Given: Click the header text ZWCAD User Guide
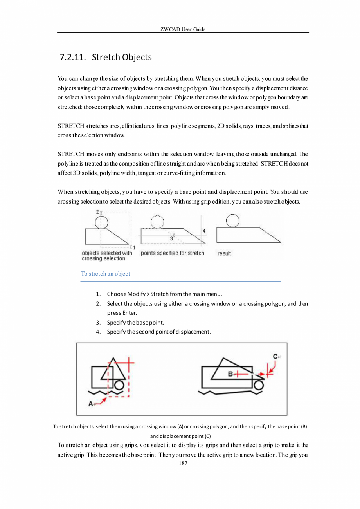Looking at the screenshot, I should [x=183, y=29].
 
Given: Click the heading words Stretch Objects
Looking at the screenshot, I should [x=122, y=58].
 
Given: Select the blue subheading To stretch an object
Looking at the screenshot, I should [x=105, y=274].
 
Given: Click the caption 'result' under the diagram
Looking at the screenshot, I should [x=224, y=253].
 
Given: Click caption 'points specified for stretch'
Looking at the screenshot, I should [x=172, y=253].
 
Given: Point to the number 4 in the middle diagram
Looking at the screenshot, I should [x=204, y=231].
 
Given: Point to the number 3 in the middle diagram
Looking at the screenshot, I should [x=171, y=238].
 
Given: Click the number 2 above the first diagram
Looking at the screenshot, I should [x=97, y=212].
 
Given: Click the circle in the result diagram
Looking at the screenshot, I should [x=233, y=221].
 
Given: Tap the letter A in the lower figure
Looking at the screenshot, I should [x=91, y=404].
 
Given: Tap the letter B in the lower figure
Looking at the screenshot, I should [x=230, y=374].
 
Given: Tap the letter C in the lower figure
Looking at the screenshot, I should [x=275, y=356].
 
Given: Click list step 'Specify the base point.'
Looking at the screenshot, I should [x=135, y=323].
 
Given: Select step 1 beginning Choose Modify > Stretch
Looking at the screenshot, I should [x=164, y=294].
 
